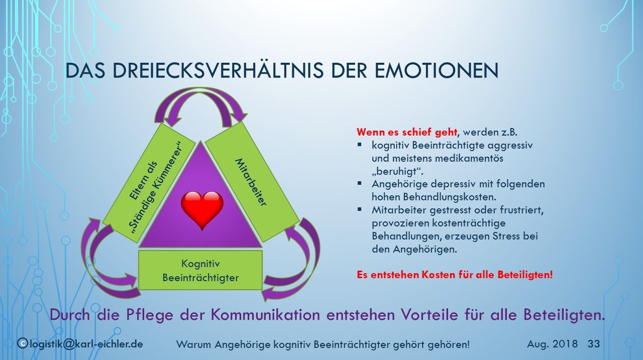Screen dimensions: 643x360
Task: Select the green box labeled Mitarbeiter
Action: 252,182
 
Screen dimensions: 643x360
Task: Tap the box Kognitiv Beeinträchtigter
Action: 200,270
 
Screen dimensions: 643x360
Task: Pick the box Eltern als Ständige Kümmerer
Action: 149,183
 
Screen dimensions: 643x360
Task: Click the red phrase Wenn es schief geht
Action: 407,132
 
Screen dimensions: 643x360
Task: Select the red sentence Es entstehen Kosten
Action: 455,275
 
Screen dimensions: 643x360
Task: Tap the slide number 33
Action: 594,343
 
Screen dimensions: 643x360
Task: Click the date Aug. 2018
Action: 552,343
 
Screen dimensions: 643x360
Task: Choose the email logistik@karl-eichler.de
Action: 86,343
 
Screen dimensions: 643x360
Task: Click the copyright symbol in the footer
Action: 22,343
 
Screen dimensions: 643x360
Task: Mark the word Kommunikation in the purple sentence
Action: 266,315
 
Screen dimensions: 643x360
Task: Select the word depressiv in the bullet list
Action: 450,184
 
